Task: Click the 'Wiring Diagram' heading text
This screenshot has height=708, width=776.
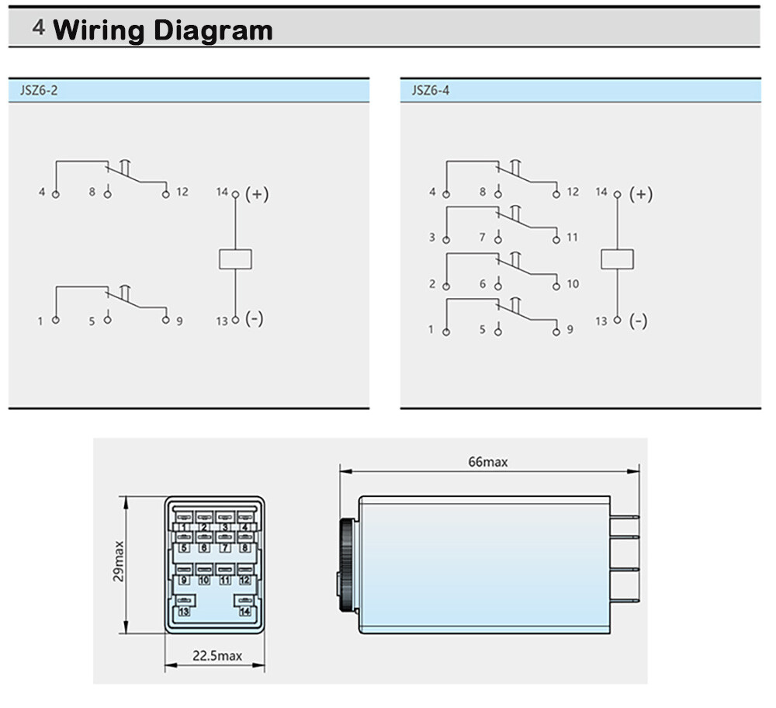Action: point(163,31)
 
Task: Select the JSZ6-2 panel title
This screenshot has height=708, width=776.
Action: point(39,90)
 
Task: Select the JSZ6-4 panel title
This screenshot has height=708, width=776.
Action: point(431,90)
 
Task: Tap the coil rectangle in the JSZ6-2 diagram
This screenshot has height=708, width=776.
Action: point(235,259)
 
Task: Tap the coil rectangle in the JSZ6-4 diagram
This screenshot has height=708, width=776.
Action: point(617,259)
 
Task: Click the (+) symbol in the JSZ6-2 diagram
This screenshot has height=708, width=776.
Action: point(257,193)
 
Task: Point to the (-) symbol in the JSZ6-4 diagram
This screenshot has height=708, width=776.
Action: point(638,321)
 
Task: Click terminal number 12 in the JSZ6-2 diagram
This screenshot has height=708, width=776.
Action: point(182,192)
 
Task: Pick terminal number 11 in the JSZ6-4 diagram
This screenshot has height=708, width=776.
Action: point(572,237)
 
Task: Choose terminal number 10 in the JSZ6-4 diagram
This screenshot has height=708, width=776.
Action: point(573,283)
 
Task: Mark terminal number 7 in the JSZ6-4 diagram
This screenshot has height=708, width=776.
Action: point(482,237)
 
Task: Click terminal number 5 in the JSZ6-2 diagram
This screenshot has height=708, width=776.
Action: point(92,321)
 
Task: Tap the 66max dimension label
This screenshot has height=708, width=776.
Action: point(488,462)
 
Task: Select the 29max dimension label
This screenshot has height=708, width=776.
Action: point(119,561)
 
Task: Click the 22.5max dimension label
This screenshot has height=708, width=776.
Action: point(217,655)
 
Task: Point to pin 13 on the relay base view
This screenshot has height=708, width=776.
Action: point(184,612)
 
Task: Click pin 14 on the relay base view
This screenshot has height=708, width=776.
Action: point(245,612)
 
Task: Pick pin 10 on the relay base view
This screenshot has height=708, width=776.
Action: point(204,580)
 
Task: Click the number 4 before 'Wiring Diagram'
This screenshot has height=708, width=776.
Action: point(39,28)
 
